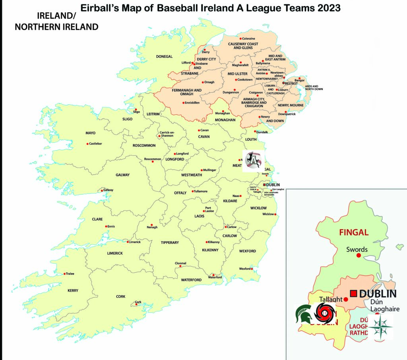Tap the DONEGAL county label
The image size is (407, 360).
[164, 56]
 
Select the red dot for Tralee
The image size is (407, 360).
[65, 273]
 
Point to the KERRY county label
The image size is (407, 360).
[73, 290]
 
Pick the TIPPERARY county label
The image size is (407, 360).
[170, 242]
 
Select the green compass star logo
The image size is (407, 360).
[380, 327]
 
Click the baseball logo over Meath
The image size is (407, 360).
[253, 161]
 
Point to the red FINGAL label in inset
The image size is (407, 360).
[353, 232]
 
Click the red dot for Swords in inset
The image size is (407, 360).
[359, 255]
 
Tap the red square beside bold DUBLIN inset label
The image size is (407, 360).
[353, 294]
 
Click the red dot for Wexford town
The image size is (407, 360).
[252, 269]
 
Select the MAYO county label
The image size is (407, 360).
[91, 133]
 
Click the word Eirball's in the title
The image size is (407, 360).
[100, 8]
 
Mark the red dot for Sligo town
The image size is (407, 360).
[136, 110]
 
